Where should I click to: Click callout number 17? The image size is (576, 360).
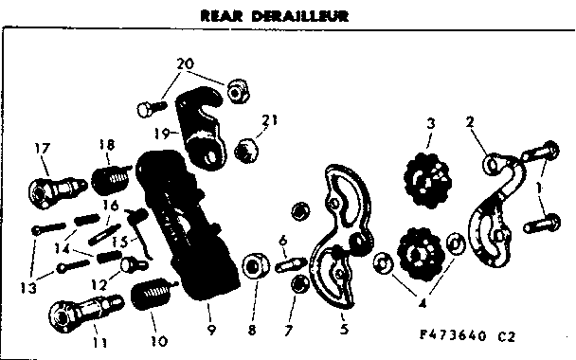click(x=41, y=147)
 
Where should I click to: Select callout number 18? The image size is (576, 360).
click(x=105, y=144)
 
